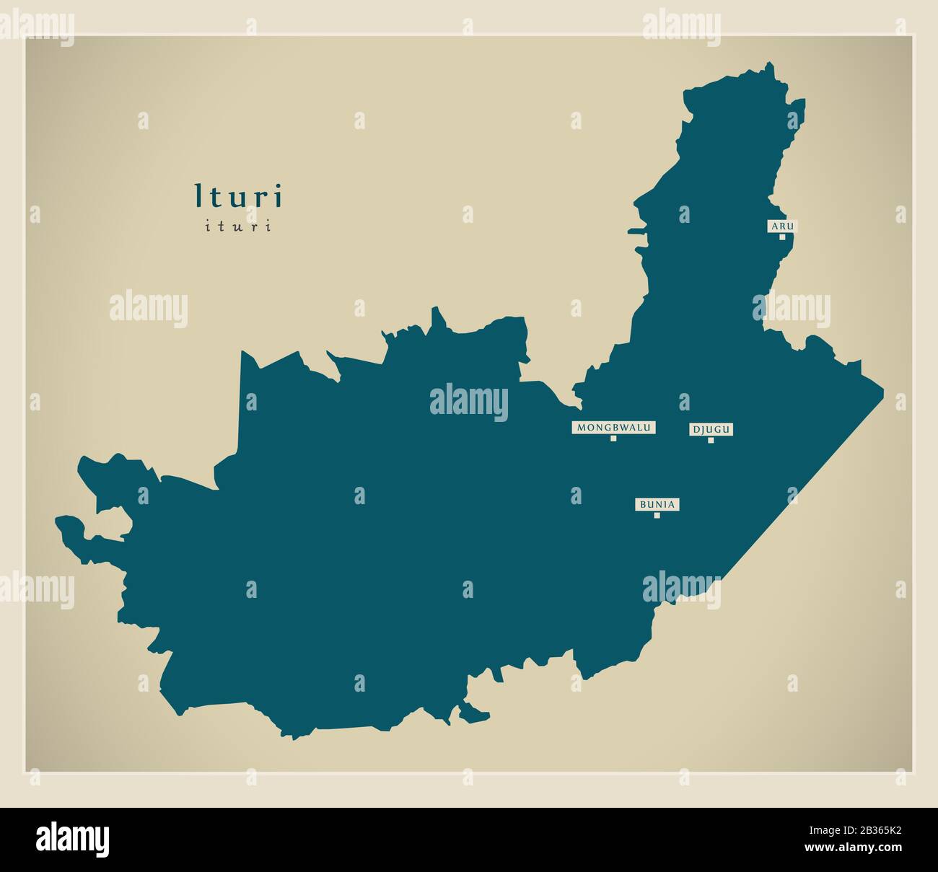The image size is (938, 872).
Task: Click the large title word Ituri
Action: [239, 196]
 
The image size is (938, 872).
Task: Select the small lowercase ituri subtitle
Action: [239, 226]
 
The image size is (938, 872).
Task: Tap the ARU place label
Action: [781, 226]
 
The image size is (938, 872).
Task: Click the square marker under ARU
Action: [781, 237]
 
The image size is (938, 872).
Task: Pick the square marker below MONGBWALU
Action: [614, 439]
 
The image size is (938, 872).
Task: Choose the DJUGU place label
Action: [711, 430]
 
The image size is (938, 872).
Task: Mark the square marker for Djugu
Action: [711, 440]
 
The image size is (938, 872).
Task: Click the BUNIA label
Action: [657, 504]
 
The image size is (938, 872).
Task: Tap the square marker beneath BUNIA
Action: [657, 515]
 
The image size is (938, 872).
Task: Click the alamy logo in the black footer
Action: [73, 840]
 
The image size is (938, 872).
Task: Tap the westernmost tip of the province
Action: [56, 519]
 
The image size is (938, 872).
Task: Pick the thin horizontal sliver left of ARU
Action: [636, 232]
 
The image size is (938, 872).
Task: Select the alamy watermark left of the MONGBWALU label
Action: [469, 402]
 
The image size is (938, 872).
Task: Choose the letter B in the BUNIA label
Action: [642, 504]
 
